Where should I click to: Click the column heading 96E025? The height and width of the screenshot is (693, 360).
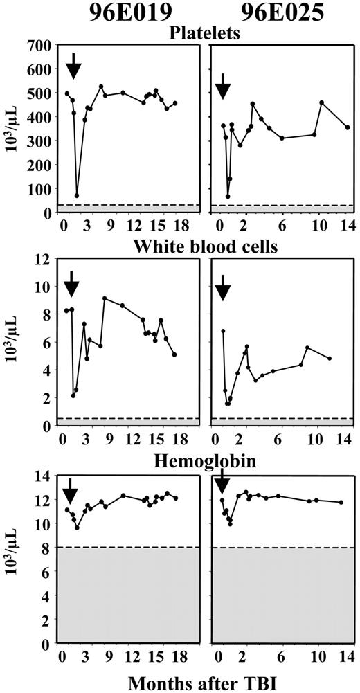click(279, 16)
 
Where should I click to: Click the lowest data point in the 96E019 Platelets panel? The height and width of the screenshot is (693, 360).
click(77, 195)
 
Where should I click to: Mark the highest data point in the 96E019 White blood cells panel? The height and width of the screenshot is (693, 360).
click(104, 298)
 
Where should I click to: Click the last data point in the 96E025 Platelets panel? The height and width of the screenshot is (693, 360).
click(348, 127)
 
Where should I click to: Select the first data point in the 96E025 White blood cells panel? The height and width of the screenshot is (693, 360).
click(223, 331)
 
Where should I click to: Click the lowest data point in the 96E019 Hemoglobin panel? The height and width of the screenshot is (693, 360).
click(78, 528)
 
